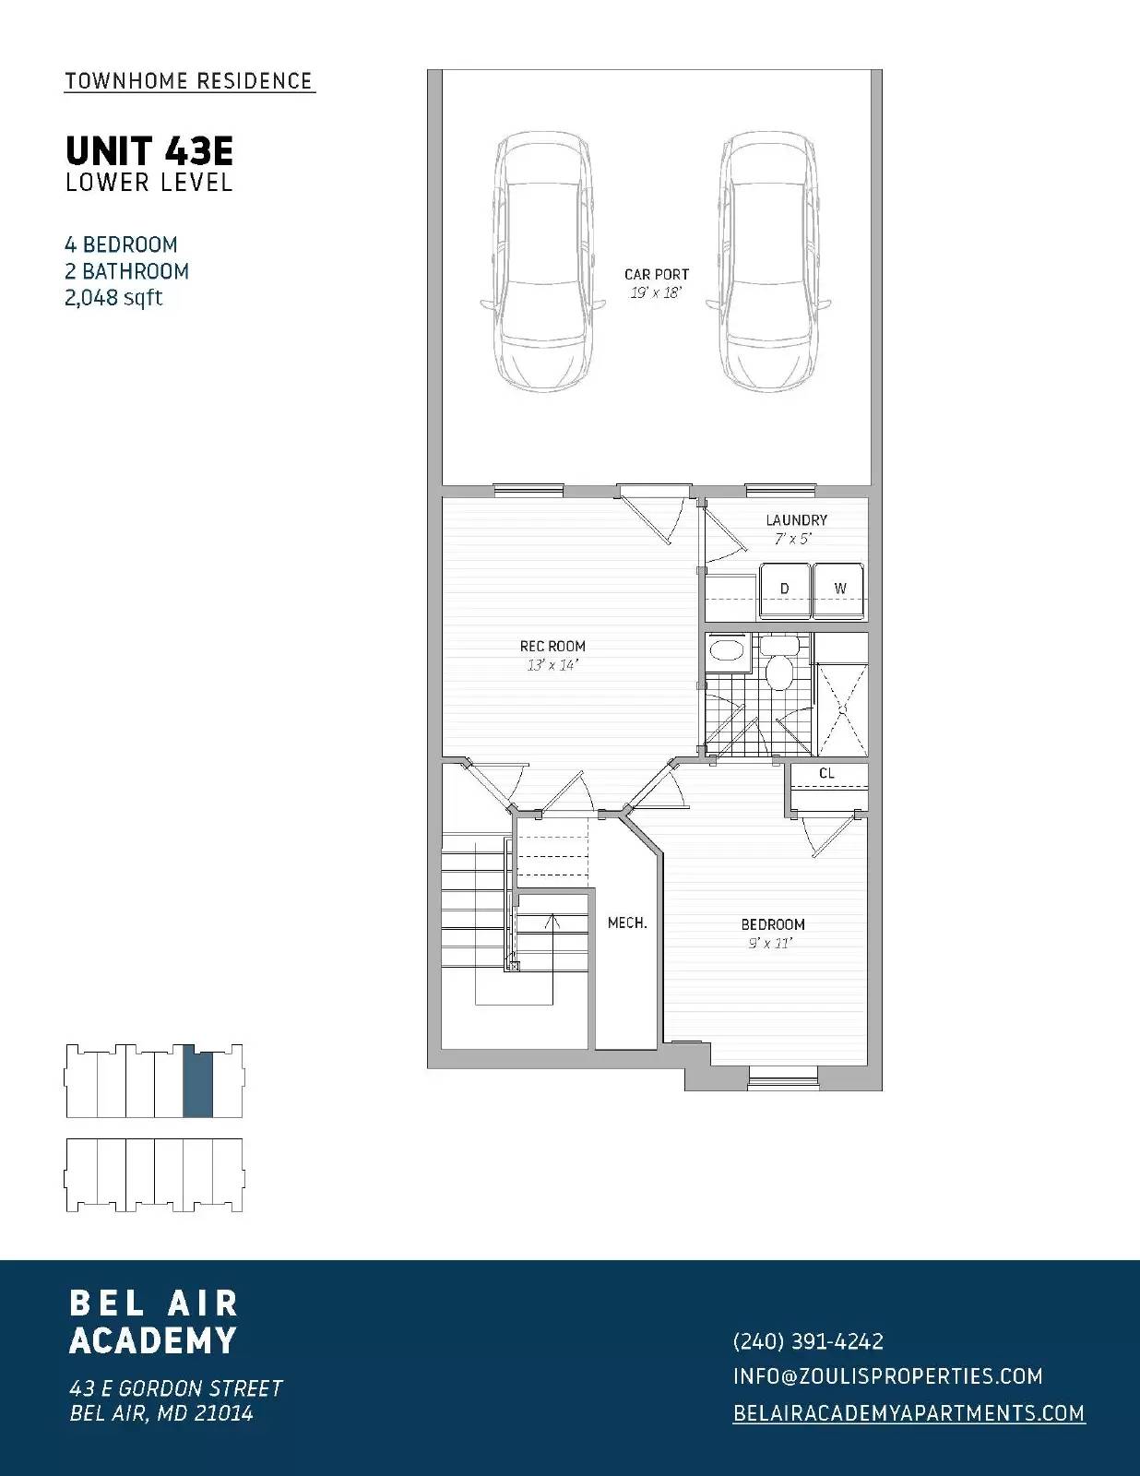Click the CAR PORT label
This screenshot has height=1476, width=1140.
coord(656,274)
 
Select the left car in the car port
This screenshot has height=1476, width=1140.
coord(541,261)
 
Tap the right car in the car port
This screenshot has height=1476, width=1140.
coord(768,261)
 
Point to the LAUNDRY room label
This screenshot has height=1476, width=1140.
coord(796,520)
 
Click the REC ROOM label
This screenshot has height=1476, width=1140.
coord(552,647)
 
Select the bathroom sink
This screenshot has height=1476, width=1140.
coord(729,650)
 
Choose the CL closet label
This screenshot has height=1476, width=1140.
coord(826,774)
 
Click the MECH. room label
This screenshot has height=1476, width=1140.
coord(627,922)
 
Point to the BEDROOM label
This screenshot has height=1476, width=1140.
coord(773,924)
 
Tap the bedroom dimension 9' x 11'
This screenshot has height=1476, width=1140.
coord(771,944)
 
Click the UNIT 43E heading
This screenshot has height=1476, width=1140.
coord(148,150)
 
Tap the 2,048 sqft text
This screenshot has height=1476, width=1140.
coord(113,298)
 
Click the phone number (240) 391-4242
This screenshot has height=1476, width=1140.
coord(808,1341)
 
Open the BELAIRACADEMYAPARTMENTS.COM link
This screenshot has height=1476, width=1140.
coord(908,1413)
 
